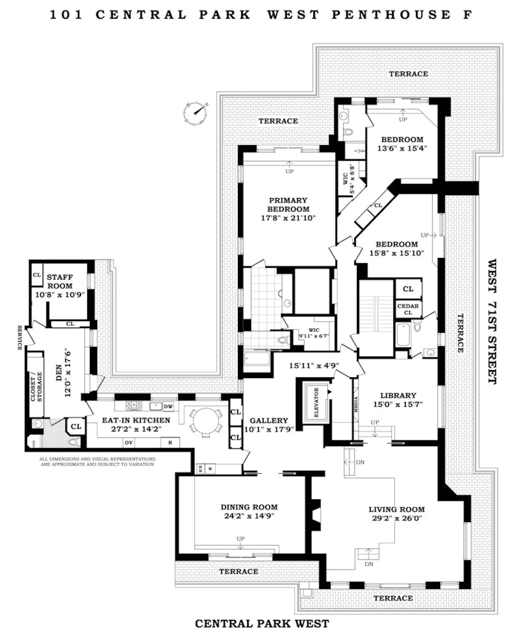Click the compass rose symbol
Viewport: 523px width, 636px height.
point(195,113)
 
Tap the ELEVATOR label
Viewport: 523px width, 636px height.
point(316,403)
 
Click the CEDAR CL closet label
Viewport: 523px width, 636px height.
point(408,309)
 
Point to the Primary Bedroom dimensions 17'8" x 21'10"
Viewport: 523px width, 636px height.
point(288,218)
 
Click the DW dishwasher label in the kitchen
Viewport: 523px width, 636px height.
point(168,406)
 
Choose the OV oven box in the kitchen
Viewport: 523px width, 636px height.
point(129,443)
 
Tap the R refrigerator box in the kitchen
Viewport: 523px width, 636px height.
point(170,443)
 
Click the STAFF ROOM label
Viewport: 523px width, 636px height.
point(60,281)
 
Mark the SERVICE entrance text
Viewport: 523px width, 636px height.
point(20,338)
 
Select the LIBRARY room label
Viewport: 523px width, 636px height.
point(398,395)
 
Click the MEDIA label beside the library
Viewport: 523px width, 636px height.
point(356,405)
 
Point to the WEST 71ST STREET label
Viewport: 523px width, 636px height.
point(492,322)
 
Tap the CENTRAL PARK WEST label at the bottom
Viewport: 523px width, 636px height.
point(262,623)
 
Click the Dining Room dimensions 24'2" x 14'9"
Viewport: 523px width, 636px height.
point(249,516)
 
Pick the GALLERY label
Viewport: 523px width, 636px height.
point(269,421)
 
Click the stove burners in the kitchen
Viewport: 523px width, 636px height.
point(134,406)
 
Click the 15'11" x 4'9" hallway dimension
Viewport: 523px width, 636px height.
point(314,365)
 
